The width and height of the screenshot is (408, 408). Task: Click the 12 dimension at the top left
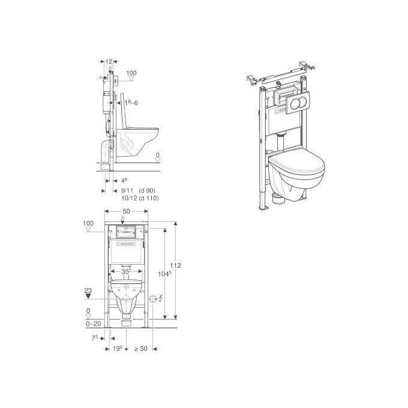click(109, 62)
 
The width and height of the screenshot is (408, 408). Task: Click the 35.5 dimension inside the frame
click(127, 271)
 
